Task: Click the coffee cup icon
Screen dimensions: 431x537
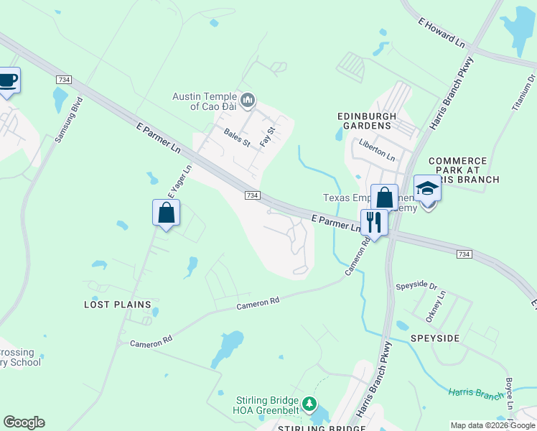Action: [8, 80]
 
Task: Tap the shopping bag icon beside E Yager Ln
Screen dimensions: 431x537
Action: [167, 213]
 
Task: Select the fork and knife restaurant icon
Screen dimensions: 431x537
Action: [374, 221]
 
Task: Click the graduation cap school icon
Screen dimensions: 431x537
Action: [427, 189]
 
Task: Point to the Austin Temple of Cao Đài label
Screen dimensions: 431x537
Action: [205, 101]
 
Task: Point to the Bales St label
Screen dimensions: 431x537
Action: [236, 137]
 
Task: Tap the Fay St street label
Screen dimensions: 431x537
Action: [267, 136]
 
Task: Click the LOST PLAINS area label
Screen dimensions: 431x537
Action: [116, 305]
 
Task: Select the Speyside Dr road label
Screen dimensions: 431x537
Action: [416, 285]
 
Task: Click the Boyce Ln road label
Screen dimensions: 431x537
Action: [509, 394]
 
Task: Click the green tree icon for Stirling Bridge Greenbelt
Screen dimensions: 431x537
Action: [309, 404]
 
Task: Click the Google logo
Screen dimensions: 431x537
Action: [24, 422]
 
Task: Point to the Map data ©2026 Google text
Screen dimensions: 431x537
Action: [492, 425]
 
